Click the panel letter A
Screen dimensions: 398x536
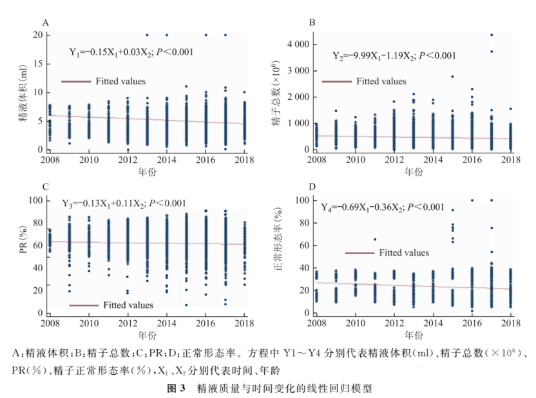tap(46, 23)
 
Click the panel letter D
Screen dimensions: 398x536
tap(312, 187)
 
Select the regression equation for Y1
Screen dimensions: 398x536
tap(131, 52)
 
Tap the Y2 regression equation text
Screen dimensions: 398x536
tap(394, 56)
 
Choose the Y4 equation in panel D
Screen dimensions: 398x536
tap(383, 207)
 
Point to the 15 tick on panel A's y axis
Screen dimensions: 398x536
tap(38, 63)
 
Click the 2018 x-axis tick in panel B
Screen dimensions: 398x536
tap(510, 160)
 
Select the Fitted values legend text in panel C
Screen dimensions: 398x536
tap(128, 305)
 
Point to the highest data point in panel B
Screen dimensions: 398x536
tap(491, 35)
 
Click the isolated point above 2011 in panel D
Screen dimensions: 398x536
tap(374, 239)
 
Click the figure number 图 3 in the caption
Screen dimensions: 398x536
tap(176, 388)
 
